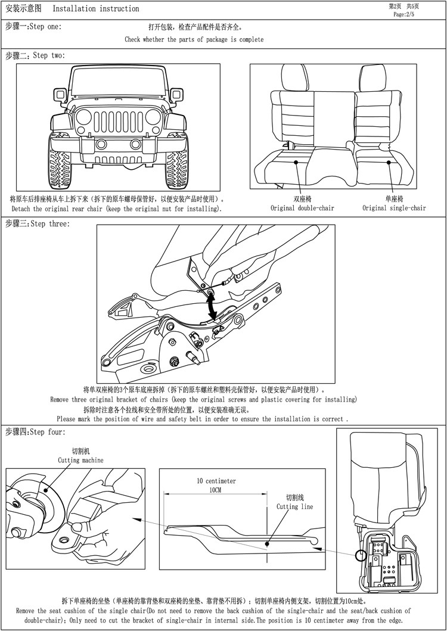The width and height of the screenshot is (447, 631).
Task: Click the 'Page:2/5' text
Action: tap(405, 14)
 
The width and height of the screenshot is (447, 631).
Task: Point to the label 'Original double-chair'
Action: tap(302, 208)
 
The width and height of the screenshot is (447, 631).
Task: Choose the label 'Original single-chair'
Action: tap(394, 208)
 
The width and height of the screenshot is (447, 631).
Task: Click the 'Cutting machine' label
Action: tap(80, 460)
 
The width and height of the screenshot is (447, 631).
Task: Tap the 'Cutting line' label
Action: tap(294, 506)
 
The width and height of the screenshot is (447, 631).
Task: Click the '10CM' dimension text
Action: tap(216, 490)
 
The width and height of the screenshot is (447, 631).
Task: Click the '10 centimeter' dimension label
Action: tap(216, 481)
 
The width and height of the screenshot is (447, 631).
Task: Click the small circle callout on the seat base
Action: tap(361, 556)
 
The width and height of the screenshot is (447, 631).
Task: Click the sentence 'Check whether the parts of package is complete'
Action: tap(194, 39)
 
